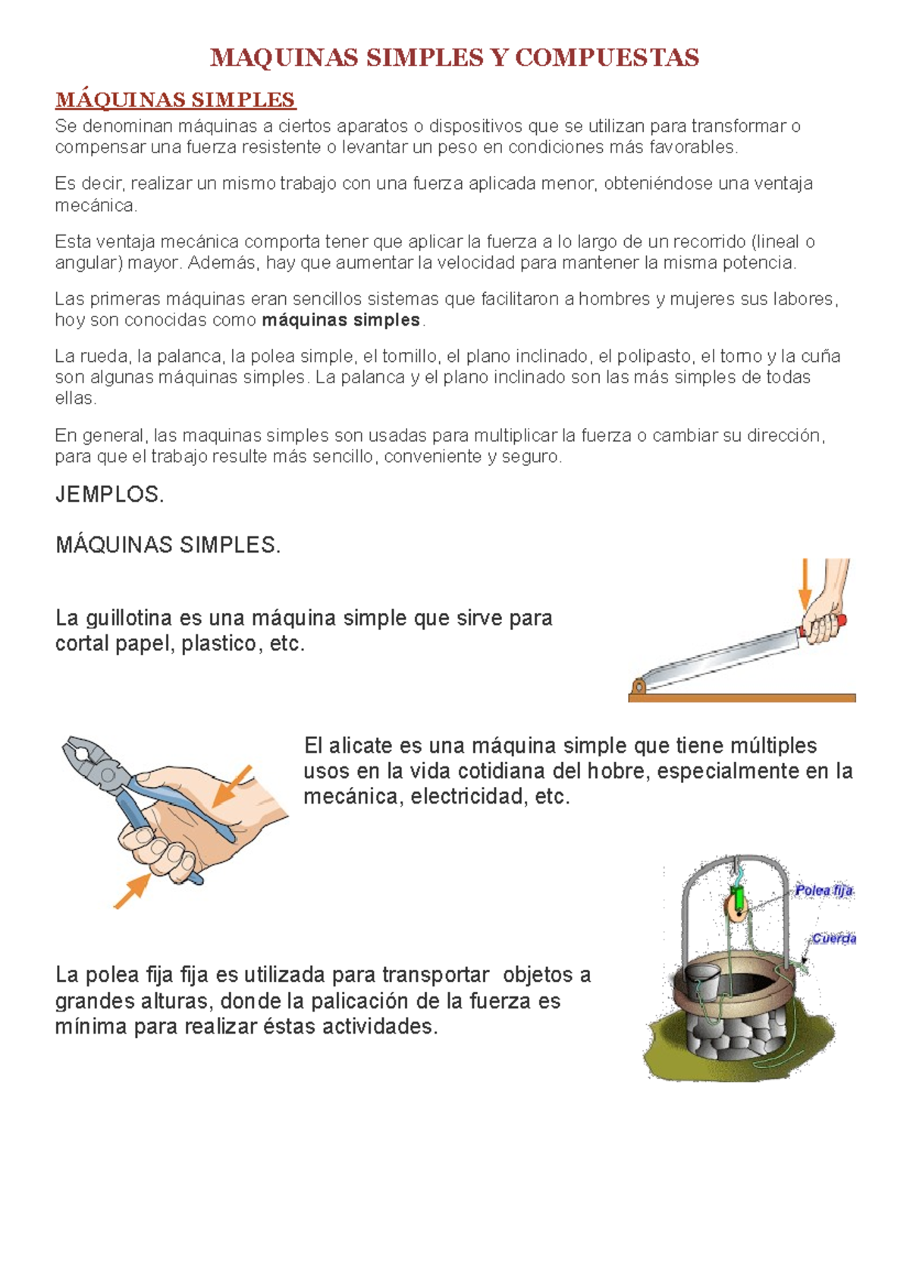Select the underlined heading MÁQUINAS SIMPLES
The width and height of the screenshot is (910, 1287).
pyautogui.click(x=175, y=100)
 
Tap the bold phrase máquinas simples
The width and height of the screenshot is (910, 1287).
pyautogui.click(x=340, y=320)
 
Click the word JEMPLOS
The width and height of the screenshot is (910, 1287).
pyautogui.click(x=109, y=495)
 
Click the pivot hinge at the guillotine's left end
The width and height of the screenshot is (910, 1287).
pyautogui.click(x=639, y=687)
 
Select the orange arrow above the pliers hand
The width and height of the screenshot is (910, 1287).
pyautogui.click(x=232, y=785)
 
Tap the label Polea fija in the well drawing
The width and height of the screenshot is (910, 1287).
pyautogui.click(x=824, y=890)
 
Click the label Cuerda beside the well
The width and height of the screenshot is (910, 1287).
pyautogui.click(x=834, y=939)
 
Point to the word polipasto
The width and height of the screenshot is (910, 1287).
pyautogui.click(x=654, y=357)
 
